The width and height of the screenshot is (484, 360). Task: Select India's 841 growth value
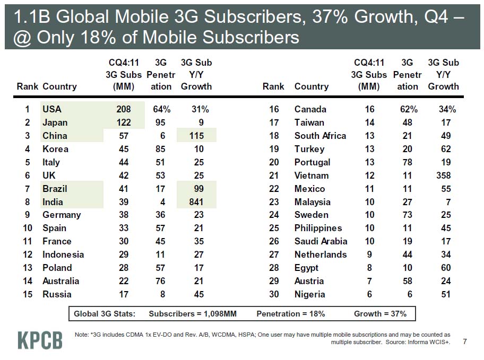[200, 202]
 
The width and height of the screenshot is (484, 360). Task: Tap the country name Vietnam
[312, 175]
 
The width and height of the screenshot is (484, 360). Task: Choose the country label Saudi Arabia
[321, 241]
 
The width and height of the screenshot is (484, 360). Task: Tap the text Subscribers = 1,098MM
[193, 314]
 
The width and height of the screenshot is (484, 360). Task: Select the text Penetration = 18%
[290, 314]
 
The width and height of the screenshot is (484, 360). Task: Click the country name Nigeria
[310, 294]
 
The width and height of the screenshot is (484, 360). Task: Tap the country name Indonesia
[63, 254]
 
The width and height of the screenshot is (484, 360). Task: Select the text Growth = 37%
[380, 314]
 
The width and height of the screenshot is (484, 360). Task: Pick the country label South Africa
[320, 136]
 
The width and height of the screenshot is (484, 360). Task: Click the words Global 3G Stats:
[105, 314]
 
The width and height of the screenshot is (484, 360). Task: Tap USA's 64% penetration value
[161, 109]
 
